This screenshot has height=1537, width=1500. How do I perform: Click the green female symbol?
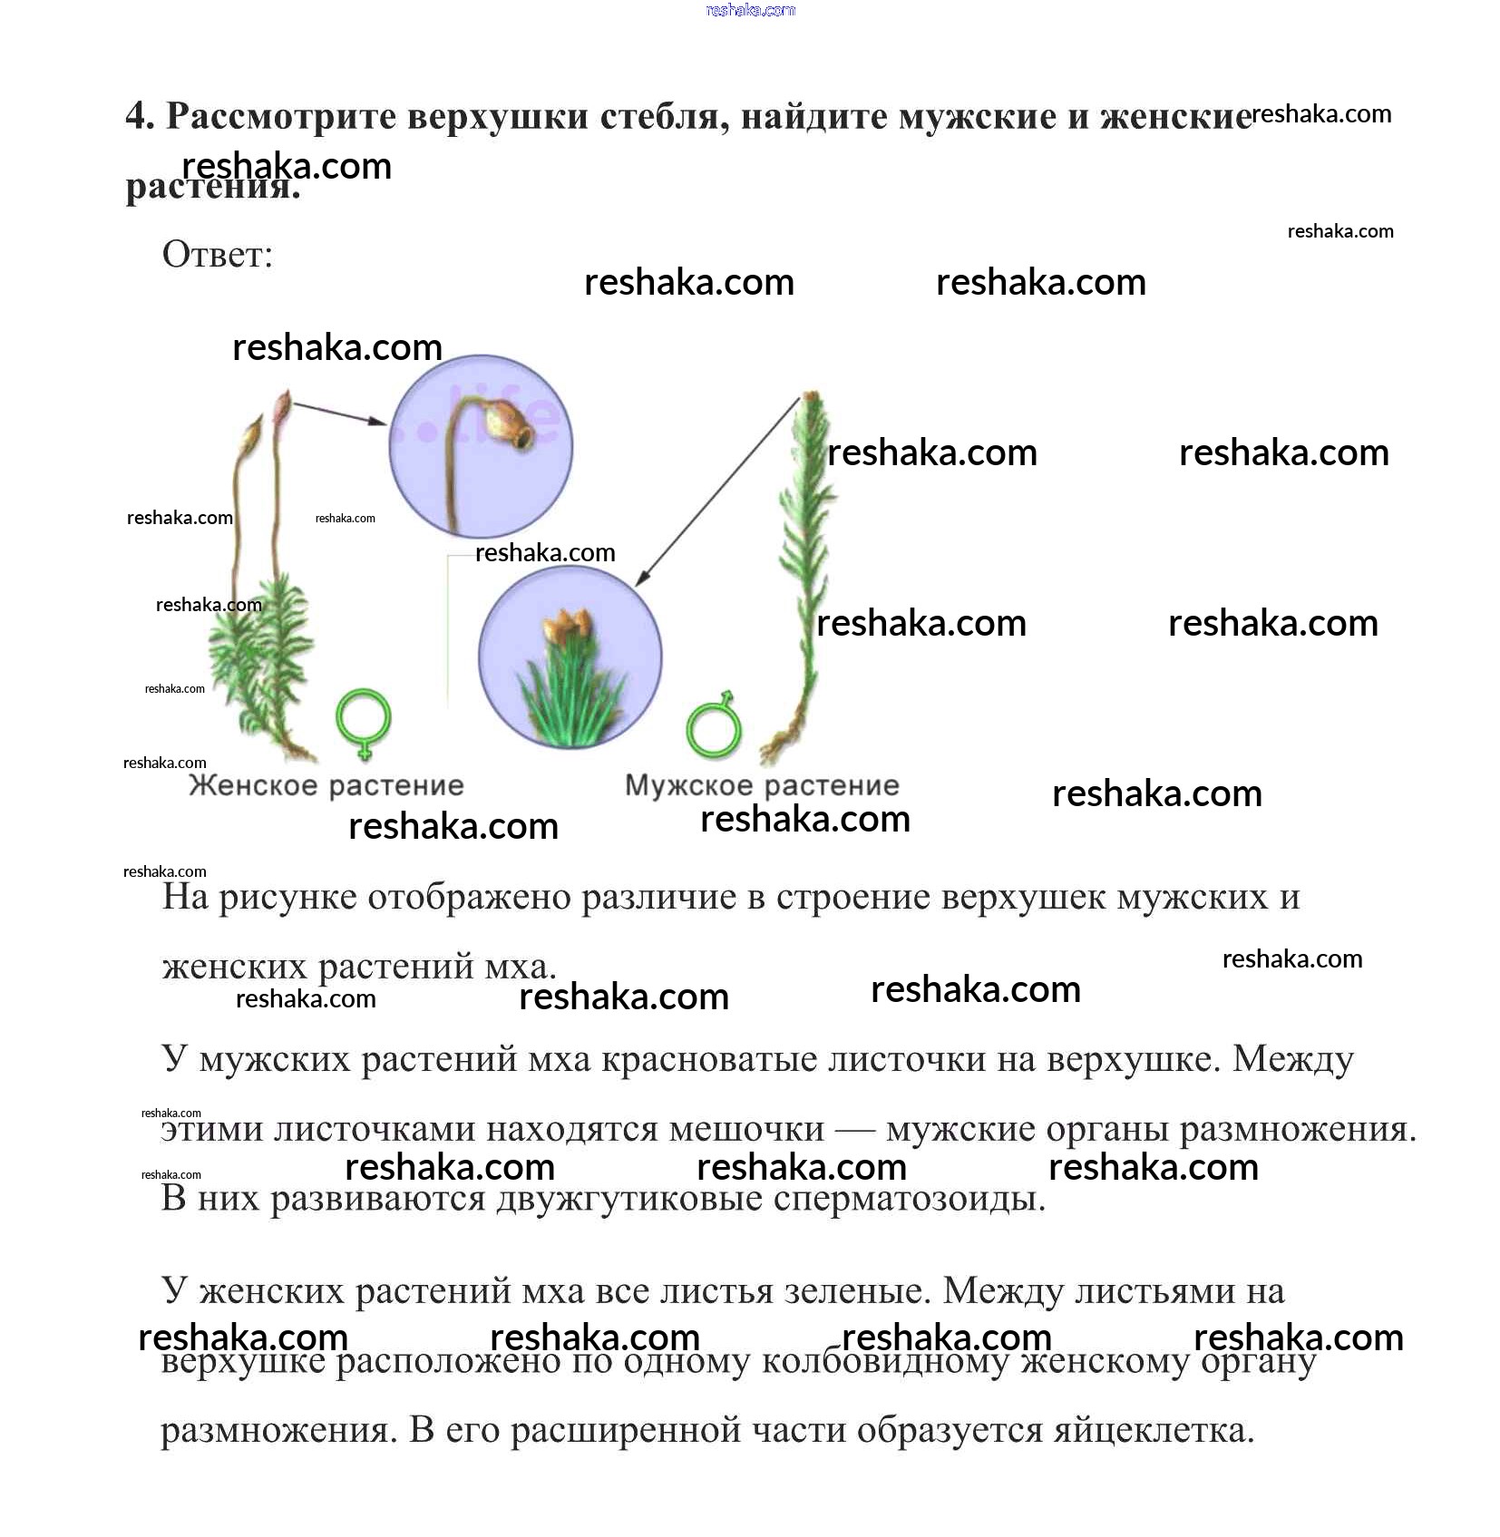click(x=364, y=722)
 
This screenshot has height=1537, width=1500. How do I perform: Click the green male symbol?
click(x=714, y=725)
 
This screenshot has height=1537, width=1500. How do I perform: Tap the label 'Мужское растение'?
click(x=762, y=785)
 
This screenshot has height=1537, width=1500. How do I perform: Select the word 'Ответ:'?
click(x=218, y=255)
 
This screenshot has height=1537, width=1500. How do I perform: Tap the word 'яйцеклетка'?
click(x=1154, y=1430)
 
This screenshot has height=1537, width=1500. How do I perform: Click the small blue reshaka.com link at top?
click(x=750, y=10)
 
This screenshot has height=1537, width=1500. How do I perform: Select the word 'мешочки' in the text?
click(x=746, y=1129)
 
